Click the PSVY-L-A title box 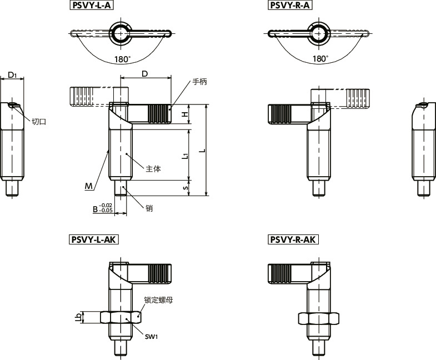click(x=92, y=6)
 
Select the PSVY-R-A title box click(x=290, y=6)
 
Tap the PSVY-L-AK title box click(x=94, y=239)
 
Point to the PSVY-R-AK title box click(x=293, y=239)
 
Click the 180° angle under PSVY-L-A click(x=123, y=59)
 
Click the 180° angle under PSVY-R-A click(x=320, y=59)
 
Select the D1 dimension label click(x=12, y=74)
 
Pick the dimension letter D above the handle click(x=145, y=74)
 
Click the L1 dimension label click(x=186, y=156)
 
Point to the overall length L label click(x=203, y=151)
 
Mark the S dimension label click(x=186, y=188)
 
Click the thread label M click(x=89, y=186)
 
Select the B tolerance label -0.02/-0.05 click(x=103, y=208)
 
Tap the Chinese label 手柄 click(x=199, y=82)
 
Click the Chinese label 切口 click(x=39, y=122)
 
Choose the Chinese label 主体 click(x=153, y=169)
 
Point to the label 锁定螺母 click(x=158, y=300)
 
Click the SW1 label click(x=151, y=337)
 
